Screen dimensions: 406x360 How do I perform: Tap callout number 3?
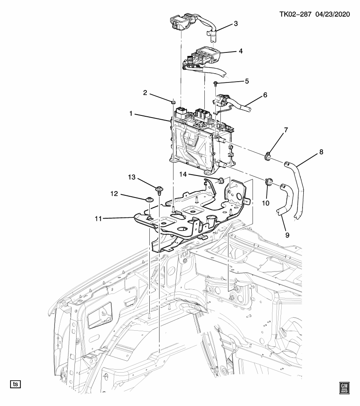click(236, 23)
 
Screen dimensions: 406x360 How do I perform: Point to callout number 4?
click(240, 52)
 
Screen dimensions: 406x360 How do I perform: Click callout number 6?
click(265, 96)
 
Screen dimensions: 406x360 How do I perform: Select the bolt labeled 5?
click(216, 83)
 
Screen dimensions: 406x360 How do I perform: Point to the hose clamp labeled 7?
click(267, 157)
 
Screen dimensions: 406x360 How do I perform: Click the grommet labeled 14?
click(220, 181)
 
